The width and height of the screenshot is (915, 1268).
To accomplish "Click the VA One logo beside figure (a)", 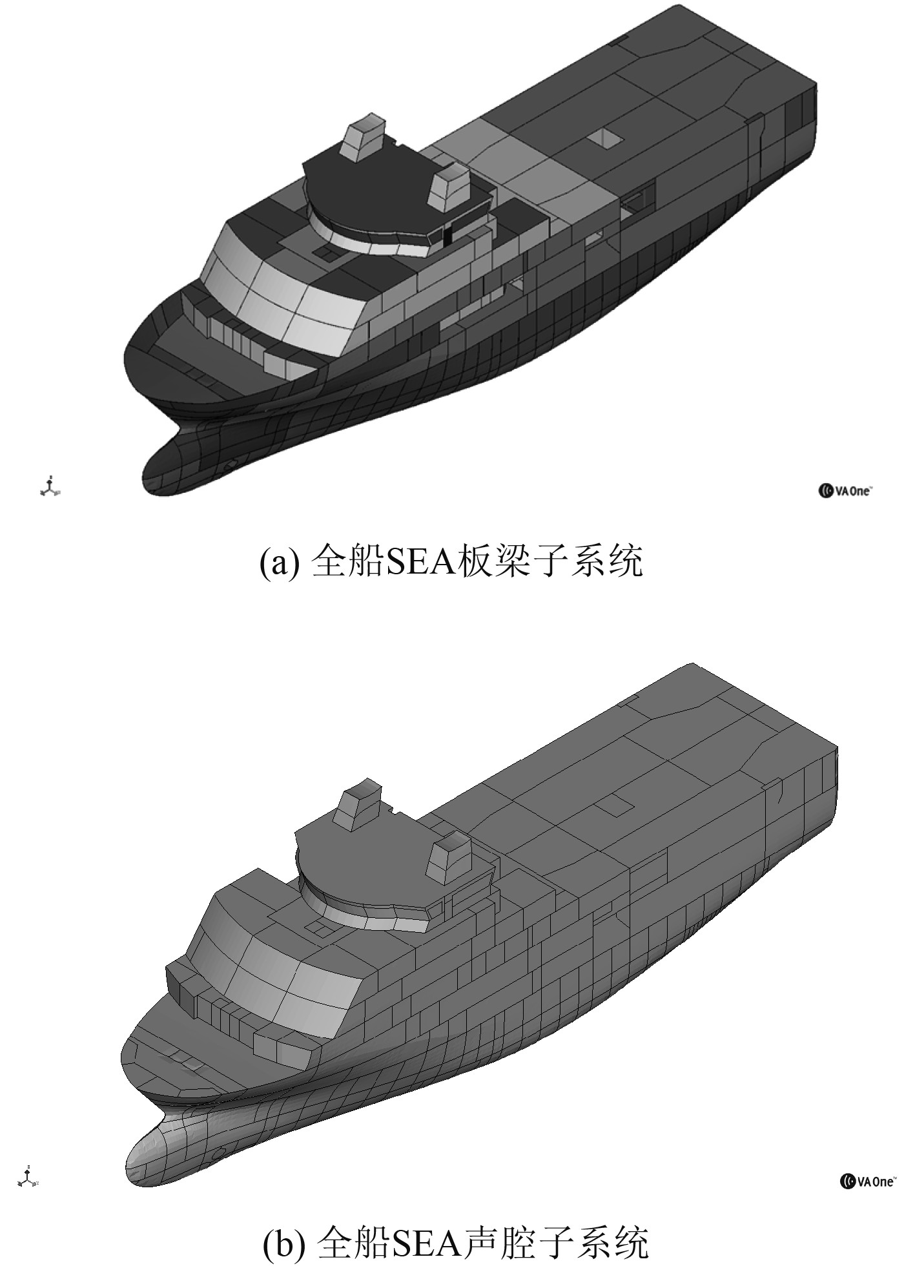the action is point(845,491).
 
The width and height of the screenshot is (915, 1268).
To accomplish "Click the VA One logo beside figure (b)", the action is point(867,1181).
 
